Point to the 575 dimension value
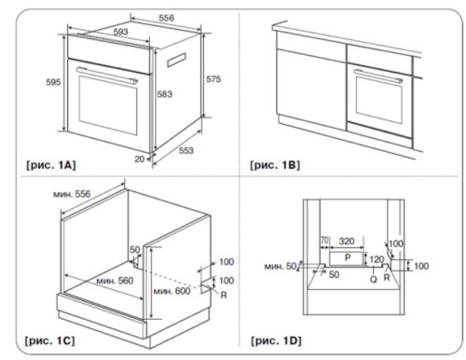click(212, 80)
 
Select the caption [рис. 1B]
click(274, 165)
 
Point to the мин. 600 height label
click(170, 292)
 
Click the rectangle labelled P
click(347, 256)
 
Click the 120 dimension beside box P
click(377, 258)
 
